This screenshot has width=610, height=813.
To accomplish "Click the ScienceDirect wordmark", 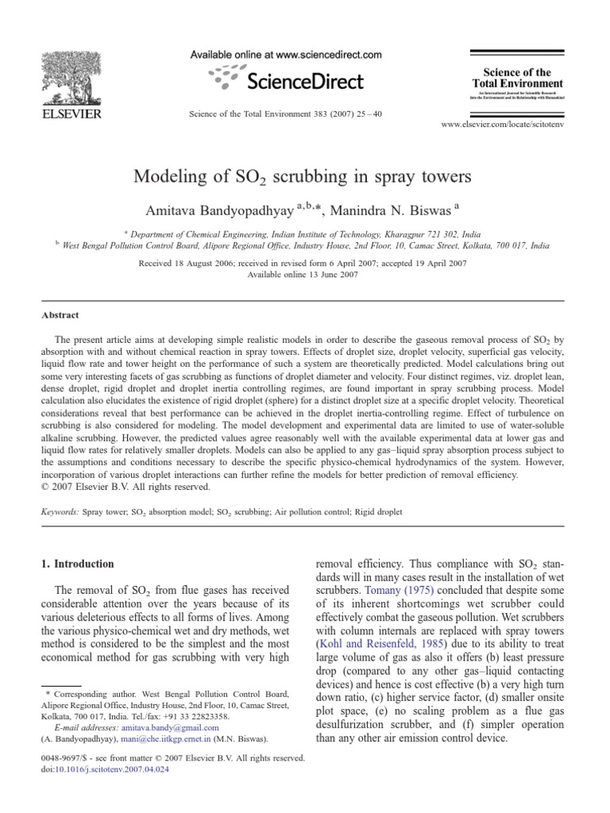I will (x=304, y=80).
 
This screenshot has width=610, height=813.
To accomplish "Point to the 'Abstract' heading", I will (x=60, y=315).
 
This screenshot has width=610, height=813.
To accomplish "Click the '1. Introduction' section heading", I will (x=78, y=564).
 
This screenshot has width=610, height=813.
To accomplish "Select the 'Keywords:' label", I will (x=60, y=513).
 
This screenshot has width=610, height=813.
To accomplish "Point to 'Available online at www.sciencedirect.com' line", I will (x=286, y=55).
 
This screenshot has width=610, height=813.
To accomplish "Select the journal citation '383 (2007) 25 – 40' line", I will (x=285, y=114).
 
